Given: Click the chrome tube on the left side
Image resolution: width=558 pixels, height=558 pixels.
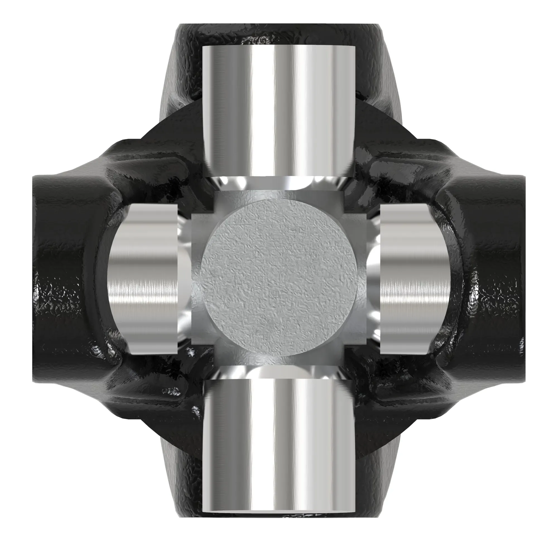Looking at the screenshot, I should (x=143, y=279).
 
